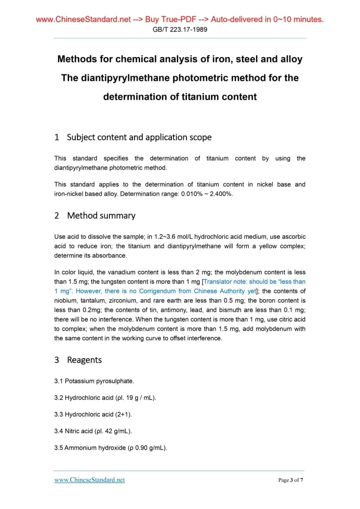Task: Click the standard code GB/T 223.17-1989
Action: [180, 30]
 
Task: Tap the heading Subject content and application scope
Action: [139, 137]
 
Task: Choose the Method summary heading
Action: [101, 216]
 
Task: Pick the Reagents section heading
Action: [84, 360]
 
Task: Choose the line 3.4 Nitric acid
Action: [93, 431]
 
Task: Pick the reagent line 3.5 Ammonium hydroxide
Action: [110, 448]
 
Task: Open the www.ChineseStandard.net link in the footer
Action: [89, 480]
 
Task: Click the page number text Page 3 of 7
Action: [290, 480]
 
